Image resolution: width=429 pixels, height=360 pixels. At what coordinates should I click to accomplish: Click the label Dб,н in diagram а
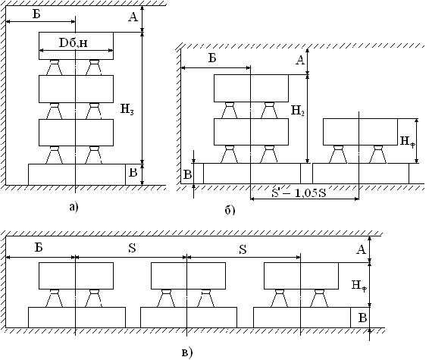pos(74,42)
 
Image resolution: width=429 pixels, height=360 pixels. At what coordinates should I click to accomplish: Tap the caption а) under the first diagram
pos(74,207)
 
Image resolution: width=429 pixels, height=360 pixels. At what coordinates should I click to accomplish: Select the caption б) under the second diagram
pos(230,210)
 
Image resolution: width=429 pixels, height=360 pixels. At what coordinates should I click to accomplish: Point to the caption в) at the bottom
pos(187,352)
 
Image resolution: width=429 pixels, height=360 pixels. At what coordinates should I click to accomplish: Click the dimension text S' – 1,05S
pos(299,193)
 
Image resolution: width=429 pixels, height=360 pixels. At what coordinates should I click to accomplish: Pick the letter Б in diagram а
pos(36,14)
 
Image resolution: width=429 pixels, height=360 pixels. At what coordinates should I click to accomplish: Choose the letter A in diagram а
pos(133,17)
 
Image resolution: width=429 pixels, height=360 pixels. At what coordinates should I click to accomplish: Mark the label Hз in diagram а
pos(127,110)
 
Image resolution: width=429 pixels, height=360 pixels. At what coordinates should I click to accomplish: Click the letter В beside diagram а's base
pos(133,173)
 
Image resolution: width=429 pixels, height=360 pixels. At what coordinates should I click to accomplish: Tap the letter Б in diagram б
pos(212,58)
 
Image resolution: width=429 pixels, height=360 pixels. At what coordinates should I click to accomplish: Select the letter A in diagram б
pos(300,60)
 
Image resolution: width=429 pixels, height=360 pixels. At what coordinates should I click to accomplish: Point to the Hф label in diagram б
pos(407,142)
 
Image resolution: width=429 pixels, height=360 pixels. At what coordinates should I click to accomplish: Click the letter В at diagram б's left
pos(187,174)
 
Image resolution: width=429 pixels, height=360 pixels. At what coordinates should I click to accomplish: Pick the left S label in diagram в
pos(132,248)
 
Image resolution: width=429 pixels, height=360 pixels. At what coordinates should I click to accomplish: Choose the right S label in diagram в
pos(243,249)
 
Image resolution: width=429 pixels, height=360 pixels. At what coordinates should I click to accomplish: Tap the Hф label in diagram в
pos(359,286)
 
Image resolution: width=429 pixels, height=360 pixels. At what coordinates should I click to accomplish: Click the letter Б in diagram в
pos(39,247)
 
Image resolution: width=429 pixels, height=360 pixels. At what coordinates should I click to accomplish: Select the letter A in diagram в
pos(361,249)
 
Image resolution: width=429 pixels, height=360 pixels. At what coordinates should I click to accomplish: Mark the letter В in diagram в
pos(362,318)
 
